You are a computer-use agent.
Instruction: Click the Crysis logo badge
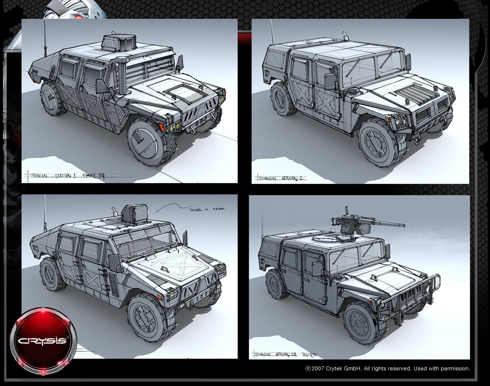(x=43, y=341)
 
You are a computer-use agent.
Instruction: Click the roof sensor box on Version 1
(x=119, y=42)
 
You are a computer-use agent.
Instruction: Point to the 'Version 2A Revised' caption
(x=285, y=355)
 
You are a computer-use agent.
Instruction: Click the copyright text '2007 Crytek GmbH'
(x=387, y=369)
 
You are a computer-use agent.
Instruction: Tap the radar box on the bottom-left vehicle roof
(x=134, y=214)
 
